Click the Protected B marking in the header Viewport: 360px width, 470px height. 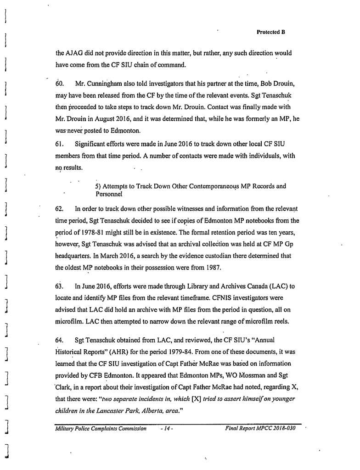click(271, 32)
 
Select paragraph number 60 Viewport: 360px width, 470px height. click(59, 85)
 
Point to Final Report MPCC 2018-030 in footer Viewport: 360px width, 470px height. click(260, 429)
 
